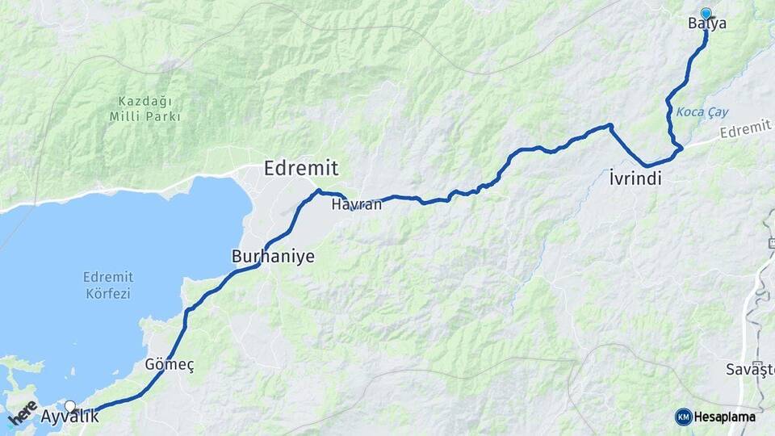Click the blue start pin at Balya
click(706, 13)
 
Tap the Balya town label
click(707, 24)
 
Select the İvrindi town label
click(635, 179)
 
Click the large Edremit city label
click(300, 168)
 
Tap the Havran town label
click(356, 205)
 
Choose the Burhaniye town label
click(273, 257)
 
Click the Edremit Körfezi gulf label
click(108, 285)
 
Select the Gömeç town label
click(169, 365)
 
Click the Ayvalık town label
click(69, 417)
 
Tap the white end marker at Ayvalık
click(70, 406)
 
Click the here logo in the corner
click(23, 413)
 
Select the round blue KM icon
click(683, 417)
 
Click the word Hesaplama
click(726, 417)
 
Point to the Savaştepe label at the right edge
click(750, 369)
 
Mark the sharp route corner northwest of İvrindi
click(611, 126)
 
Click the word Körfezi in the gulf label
click(108, 294)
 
